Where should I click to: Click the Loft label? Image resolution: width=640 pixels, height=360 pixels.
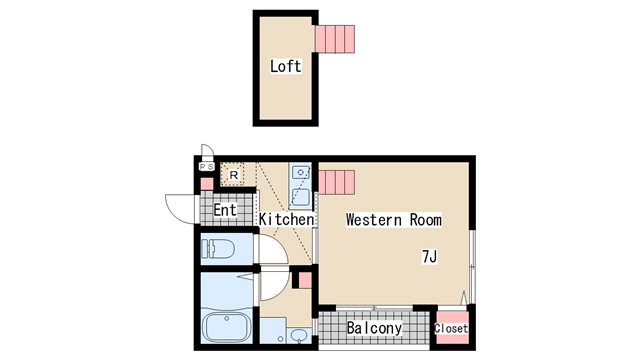click(x=286, y=66)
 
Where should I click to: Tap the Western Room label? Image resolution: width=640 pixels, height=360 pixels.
click(x=393, y=220)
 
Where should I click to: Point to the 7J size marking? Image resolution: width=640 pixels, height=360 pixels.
click(x=429, y=257)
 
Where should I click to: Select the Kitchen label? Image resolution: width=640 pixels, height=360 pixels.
click(x=287, y=219)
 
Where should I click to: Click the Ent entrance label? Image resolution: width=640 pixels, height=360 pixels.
click(x=225, y=210)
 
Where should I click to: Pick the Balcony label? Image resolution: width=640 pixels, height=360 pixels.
click(x=374, y=328)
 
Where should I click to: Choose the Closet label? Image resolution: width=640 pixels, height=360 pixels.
click(x=451, y=328)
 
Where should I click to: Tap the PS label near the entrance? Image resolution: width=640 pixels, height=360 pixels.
click(x=207, y=167)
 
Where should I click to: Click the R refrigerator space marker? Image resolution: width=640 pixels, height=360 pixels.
click(x=234, y=175)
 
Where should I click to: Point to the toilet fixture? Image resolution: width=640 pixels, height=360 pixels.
click(x=218, y=249)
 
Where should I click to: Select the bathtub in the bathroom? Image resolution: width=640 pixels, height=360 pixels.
click(x=226, y=327)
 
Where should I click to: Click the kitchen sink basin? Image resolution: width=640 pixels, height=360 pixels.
click(x=300, y=198)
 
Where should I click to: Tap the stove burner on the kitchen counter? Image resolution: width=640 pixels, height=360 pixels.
click(x=301, y=172)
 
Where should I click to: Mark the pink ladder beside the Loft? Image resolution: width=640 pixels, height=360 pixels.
click(x=335, y=39)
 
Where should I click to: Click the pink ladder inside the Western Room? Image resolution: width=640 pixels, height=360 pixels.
click(x=336, y=182)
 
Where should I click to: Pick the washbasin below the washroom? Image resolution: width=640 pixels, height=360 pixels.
click(x=299, y=336)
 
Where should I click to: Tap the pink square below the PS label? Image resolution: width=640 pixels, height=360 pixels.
click(x=207, y=184)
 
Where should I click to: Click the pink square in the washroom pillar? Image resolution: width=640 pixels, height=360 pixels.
click(x=305, y=280)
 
